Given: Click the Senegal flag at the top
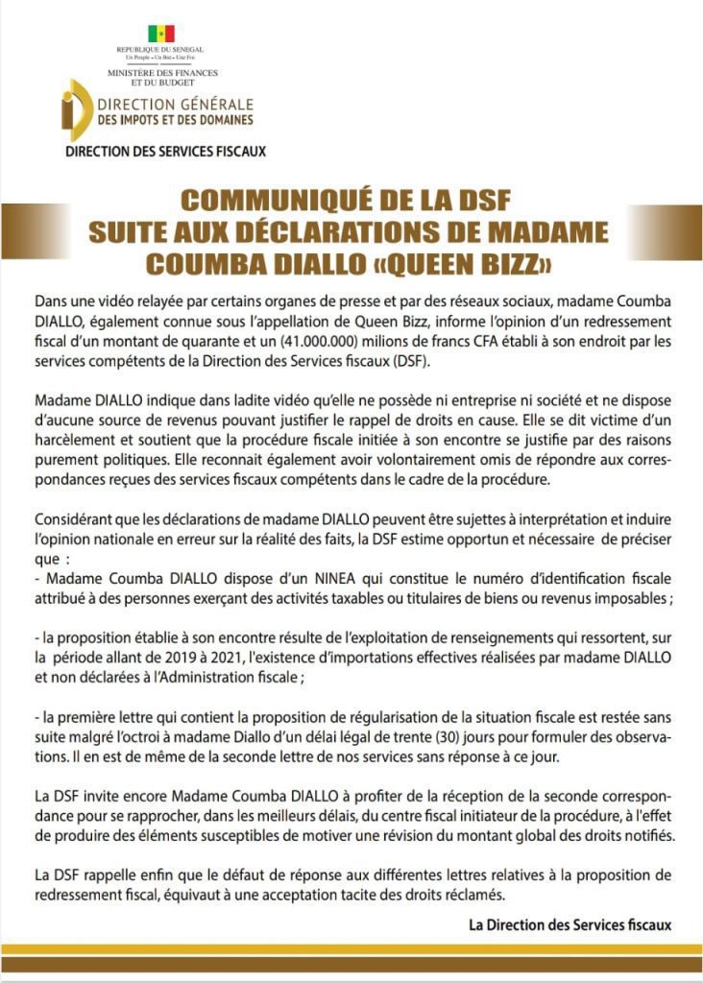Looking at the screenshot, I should [160, 34].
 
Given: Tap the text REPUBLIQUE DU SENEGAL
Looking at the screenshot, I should [160, 50].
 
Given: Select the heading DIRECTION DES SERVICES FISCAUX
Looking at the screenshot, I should [164, 152].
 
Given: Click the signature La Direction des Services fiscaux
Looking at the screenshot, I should [570, 924].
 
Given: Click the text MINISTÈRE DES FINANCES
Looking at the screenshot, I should [162, 73].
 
